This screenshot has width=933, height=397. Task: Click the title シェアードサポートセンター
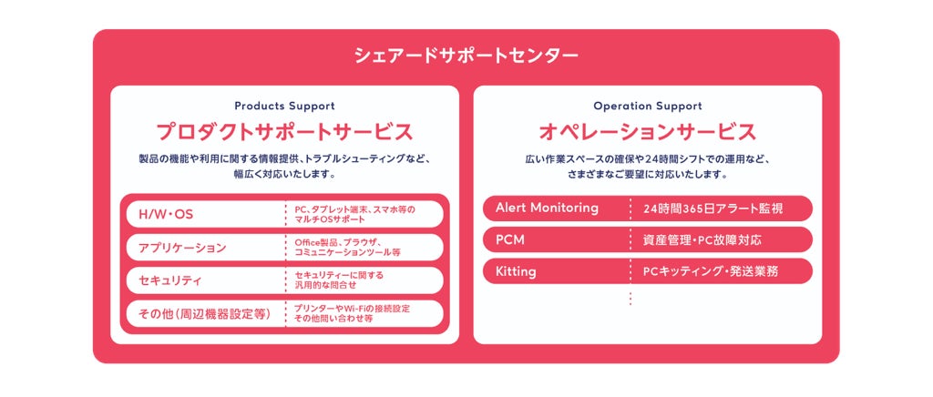pos(466,56)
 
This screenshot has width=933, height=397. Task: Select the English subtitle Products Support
pos(284,106)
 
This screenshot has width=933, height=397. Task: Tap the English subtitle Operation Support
pos(647,106)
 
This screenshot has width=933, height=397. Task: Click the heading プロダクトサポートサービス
pos(284,132)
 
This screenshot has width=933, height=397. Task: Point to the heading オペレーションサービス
pos(647,132)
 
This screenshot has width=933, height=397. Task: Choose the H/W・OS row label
pos(166,215)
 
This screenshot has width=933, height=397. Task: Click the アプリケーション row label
pos(182,248)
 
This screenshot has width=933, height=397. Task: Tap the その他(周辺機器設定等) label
pos(205,314)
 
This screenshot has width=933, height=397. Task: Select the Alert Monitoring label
pos(547,208)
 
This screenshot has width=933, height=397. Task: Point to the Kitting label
pos(516,271)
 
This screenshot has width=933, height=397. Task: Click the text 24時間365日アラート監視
pos(713,209)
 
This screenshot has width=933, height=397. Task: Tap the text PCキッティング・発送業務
pos(710,271)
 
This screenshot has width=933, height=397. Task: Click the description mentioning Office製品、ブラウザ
pos(347,247)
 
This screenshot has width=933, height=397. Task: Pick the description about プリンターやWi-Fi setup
pos(352,313)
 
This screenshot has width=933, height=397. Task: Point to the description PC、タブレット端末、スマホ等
pos(354,214)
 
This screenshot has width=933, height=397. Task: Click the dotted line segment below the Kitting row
pos(630,297)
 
